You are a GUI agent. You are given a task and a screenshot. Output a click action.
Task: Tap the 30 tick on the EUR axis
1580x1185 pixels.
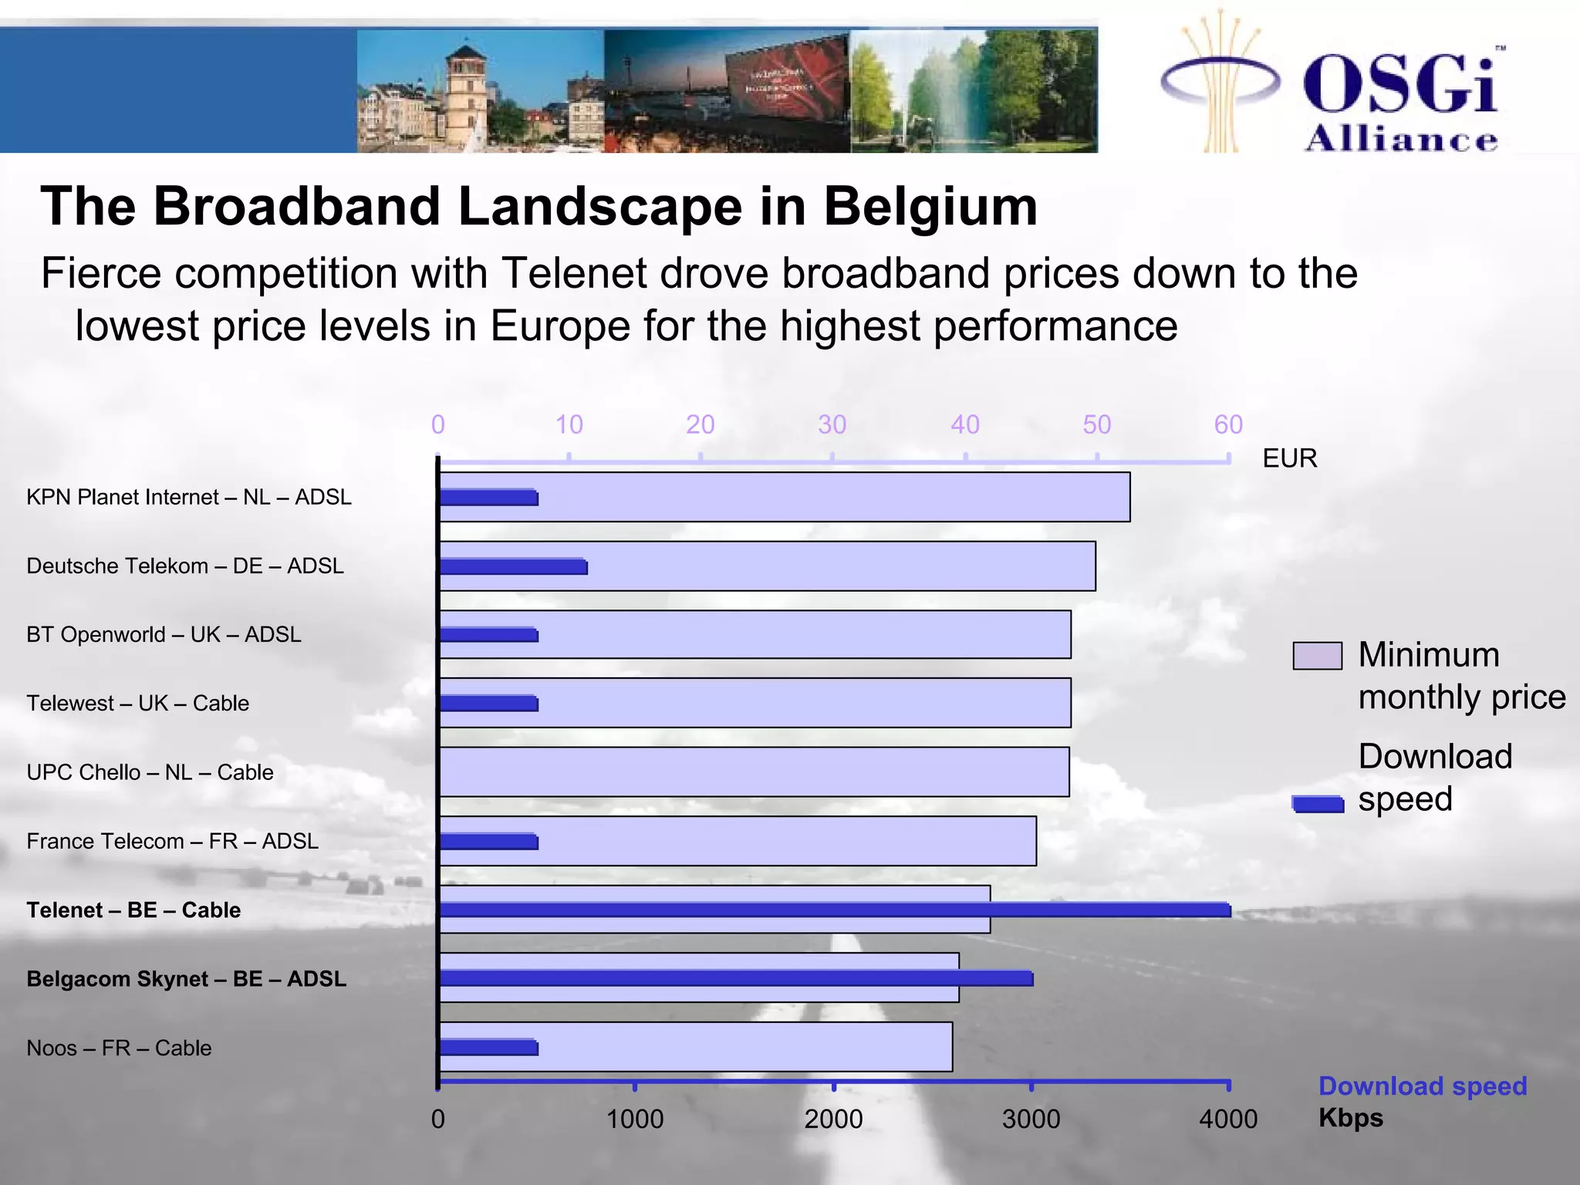832,424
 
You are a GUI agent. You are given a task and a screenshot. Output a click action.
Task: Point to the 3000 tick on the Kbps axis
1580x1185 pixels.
1031,1119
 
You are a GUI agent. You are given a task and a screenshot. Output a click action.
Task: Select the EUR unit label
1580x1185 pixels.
1289,458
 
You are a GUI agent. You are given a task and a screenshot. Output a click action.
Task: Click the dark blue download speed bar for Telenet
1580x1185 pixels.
833,910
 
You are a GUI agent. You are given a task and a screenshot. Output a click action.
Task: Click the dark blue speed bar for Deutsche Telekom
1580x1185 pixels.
513,567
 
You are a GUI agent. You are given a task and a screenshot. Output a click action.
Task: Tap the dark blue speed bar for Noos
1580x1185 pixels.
488,1048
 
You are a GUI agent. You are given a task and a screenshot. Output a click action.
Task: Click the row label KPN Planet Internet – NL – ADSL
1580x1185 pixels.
188,497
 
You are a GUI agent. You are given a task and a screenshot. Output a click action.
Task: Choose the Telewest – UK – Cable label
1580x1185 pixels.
137,704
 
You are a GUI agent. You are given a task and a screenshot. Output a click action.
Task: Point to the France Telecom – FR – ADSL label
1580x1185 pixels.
172,841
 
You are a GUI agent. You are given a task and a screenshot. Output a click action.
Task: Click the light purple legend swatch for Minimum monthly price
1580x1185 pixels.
1317,656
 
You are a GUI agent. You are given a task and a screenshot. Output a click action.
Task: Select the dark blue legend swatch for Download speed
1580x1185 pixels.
1318,805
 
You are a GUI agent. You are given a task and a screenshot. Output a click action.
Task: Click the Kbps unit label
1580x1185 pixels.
1350,1118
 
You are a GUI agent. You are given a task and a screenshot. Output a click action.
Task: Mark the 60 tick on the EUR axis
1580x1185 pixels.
1228,424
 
